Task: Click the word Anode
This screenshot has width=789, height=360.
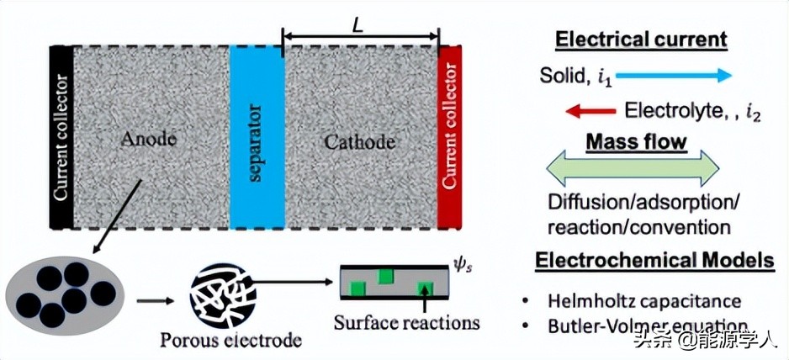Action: pyautogui.click(x=149, y=140)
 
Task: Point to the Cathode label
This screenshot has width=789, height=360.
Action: pyautogui.click(x=359, y=141)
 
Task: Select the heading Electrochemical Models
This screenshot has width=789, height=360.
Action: pyautogui.click(x=655, y=261)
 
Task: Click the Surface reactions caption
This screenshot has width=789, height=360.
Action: pyautogui.click(x=406, y=321)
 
